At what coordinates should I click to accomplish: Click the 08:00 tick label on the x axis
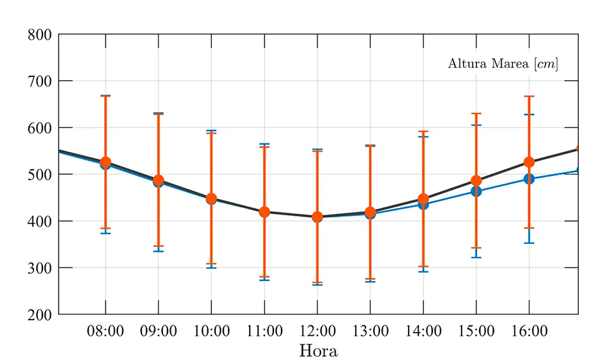pos(105,331)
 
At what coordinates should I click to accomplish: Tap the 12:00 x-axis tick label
pos(317,331)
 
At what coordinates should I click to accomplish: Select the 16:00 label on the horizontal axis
pos(529,331)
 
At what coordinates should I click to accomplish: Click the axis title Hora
pos(318,351)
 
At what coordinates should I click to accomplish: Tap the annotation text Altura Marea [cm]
pos(503,64)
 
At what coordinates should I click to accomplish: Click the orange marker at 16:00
pos(529,162)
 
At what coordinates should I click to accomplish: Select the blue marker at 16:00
pos(529,179)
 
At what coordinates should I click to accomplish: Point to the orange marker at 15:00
pos(476,181)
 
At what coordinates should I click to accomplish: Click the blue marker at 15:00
pos(476,192)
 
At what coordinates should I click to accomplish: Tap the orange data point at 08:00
pos(105,162)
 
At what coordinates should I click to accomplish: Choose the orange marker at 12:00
pos(317,217)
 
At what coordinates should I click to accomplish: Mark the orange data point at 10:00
pos(211,198)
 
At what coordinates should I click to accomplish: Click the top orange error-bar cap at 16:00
pos(529,96)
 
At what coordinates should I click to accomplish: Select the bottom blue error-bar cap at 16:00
pos(529,243)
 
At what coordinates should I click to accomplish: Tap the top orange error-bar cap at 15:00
pos(476,113)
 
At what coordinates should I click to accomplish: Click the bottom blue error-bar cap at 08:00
pos(105,233)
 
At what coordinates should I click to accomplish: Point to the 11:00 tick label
pos(264,331)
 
